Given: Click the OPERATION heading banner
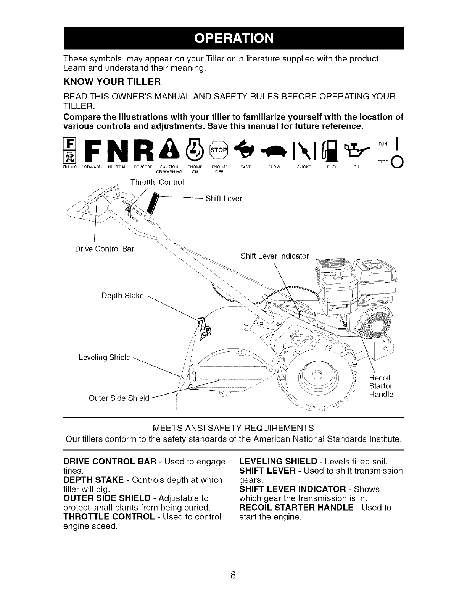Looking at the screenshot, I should pyautogui.click(x=233, y=39).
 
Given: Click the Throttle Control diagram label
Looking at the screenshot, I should pyautogui.click(x=157, y=182).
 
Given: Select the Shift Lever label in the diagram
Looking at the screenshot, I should pyautogui.click(x=224, y=199).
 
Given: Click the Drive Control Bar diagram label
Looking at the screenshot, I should pyautogui.click(x=105, y=249).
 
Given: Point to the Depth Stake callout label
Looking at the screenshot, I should pyautogui.click(x=122, y=296).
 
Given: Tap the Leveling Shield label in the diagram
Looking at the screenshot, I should pyautogui.click(x=104, y=357).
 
